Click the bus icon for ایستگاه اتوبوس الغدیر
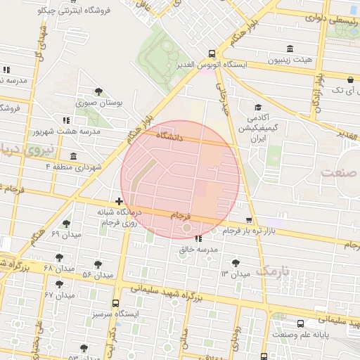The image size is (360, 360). click(212, 53)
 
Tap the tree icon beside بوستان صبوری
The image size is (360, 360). click(99, 91)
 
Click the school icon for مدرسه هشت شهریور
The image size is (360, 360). click(67, 120)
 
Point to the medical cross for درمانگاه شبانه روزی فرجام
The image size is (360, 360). click(119, 202)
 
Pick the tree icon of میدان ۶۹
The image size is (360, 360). click(66, 224)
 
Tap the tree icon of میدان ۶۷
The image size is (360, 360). click(59, 284)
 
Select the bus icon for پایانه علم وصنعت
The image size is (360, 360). click(301, 323)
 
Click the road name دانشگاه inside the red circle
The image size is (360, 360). click(168, 138)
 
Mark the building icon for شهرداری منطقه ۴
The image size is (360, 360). click(74, 156)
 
